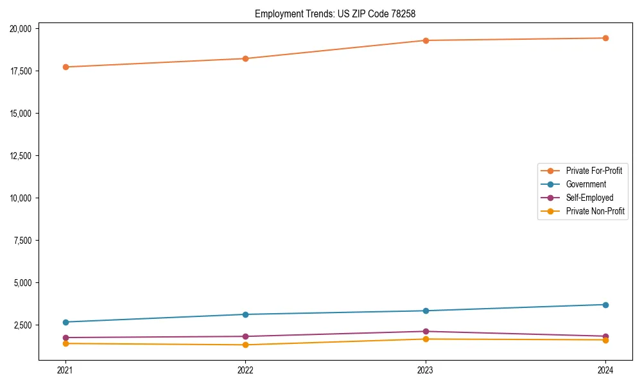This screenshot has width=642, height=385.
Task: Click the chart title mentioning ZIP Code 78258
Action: (x=340, y=13)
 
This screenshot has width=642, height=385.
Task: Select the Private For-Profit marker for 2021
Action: (x=65, y=67)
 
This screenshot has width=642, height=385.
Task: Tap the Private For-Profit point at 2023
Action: (x=426, y=40)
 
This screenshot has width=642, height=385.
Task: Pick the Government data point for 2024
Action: (x=605, y=305)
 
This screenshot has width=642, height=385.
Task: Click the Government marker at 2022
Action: (x=245, y=314)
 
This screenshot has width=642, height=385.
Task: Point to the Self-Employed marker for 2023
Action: (x=426, y=331)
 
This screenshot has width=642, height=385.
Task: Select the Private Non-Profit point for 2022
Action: (x=245, y=345)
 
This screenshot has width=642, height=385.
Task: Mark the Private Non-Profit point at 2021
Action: (x=65, y=343)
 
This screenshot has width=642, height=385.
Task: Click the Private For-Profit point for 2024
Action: (x=605, y=38)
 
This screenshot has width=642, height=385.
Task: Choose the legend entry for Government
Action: (x=586, y=184)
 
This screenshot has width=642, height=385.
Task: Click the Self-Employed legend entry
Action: (x=589, y=198)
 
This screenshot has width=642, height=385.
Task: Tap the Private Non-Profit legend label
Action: (x=595, y=211)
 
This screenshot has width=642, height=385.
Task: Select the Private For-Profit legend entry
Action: (x=594, y=171)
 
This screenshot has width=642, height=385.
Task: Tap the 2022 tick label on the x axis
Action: (x=245, y=370)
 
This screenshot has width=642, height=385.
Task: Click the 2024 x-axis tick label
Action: (x=605, y=370)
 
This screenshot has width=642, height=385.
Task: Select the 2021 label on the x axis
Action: (x=65, y=370)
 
